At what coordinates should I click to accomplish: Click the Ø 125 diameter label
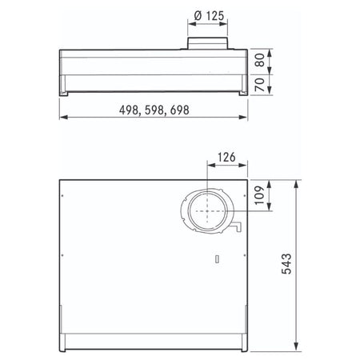(x=209, y=16)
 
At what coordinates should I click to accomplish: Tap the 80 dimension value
(x=260, y=60)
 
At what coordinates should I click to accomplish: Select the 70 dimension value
(x=260, y=85)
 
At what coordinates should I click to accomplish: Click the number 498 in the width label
(x=129, y=110)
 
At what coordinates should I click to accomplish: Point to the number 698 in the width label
(x=179, y=110)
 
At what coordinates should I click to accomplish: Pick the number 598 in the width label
(x=154, y=110)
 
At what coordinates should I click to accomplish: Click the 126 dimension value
(x=226, y=158)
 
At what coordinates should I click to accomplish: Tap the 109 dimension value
(x=259, y=195)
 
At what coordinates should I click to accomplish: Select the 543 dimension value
(x=286, y=264)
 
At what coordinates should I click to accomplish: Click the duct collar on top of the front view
(x=207, y=43)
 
